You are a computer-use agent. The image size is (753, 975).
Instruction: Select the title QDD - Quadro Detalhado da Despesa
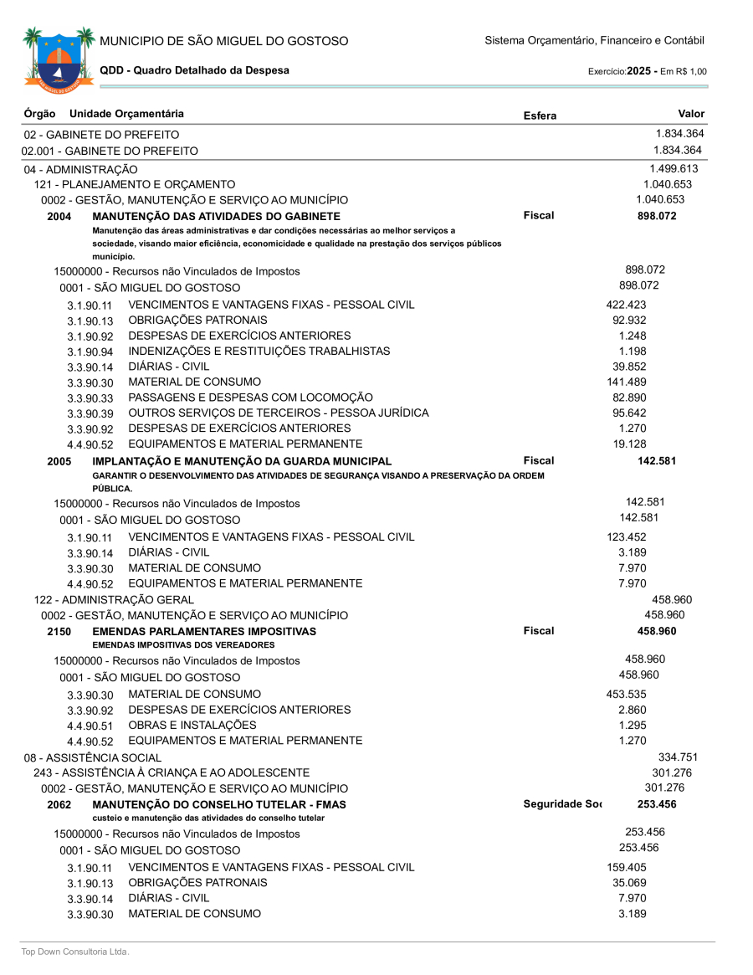tap(194, 70)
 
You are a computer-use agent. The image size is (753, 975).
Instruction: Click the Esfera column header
tap(539, 115)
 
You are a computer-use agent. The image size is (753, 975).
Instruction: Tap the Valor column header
tap(691, 114)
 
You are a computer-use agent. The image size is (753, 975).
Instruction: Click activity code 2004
tap(59, 216)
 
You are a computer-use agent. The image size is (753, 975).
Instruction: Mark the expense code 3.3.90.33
tap(90, 398)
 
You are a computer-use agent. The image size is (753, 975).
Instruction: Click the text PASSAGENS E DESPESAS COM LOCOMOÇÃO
tap(250, 397)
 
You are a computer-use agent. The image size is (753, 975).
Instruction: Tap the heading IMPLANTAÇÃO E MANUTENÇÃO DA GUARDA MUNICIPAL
tap(242, 461)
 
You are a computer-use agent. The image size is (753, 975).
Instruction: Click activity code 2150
tap(59, 631)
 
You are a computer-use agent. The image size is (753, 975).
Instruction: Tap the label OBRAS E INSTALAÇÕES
tap(192, 725)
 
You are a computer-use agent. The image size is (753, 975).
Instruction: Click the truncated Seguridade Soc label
tap(561, 804)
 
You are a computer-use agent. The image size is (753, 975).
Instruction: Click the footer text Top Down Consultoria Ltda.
tap(75, 952)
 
